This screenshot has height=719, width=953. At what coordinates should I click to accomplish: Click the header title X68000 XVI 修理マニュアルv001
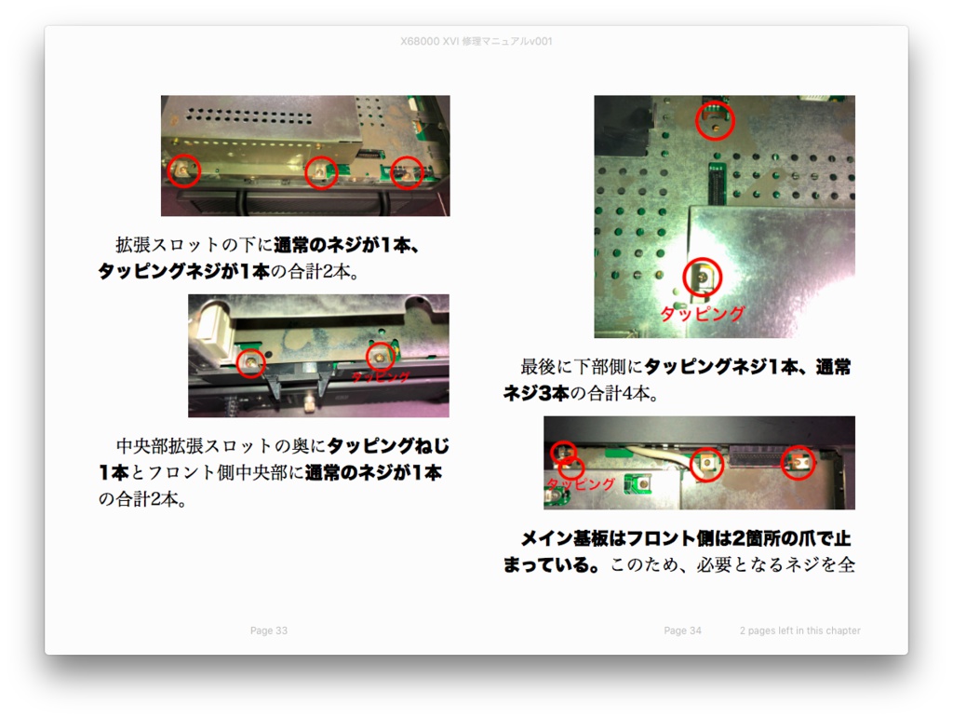click(476, 41)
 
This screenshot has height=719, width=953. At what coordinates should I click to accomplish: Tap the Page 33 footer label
click(269, 631)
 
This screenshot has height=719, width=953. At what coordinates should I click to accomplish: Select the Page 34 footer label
click(682, 631)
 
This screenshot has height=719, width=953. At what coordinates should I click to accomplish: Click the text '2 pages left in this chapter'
click(799, 631)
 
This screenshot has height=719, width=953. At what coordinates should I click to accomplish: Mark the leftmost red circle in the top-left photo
click(184, 170)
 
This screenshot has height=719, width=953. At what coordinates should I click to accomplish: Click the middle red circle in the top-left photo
click(321, 171)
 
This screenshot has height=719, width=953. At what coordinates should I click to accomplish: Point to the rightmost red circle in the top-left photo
click(407, 171)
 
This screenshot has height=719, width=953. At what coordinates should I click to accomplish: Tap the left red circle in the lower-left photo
click(250, 362)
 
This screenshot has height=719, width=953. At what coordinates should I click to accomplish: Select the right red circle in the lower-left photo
click(380, 355)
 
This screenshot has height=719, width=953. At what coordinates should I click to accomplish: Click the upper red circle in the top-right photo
click(715, 120)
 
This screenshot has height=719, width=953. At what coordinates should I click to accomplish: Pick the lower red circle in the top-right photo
click(703, 276)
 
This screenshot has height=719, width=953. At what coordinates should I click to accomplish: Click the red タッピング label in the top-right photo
click(703, 314)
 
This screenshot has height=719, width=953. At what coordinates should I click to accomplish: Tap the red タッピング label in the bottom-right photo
click(580, 484)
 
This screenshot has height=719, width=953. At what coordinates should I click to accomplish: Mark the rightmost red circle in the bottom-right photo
click(798, 461)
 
